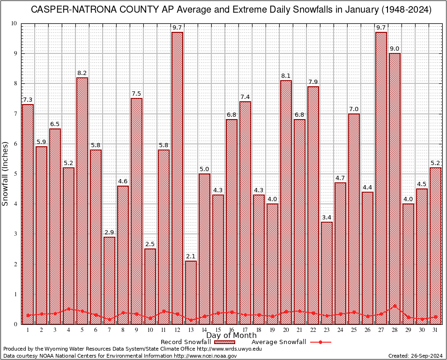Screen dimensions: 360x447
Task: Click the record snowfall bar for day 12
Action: (177, 178)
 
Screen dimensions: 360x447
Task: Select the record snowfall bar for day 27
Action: (381, 178)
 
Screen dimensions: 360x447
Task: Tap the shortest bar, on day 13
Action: (191, 292)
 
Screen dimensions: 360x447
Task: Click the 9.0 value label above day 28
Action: (395, 49)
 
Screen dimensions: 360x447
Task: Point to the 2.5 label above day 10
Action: (150, 244)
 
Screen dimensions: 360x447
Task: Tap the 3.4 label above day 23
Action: (327, 217)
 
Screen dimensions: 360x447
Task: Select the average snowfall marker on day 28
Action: (395, 306)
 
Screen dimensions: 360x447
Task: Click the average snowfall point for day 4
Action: (68, 309)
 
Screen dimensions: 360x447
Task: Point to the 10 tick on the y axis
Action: (14, 23)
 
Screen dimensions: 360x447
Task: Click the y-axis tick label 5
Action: (15, 174)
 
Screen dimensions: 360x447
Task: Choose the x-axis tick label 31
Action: (436, 330)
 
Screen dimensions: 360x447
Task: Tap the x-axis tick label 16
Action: (231, 330)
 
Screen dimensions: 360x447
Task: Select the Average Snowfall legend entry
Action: (279, 342)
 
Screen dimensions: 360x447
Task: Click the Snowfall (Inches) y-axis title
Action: (6, 173)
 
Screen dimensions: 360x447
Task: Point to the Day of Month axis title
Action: (231, 336)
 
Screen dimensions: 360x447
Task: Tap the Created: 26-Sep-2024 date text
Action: (416, 356)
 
